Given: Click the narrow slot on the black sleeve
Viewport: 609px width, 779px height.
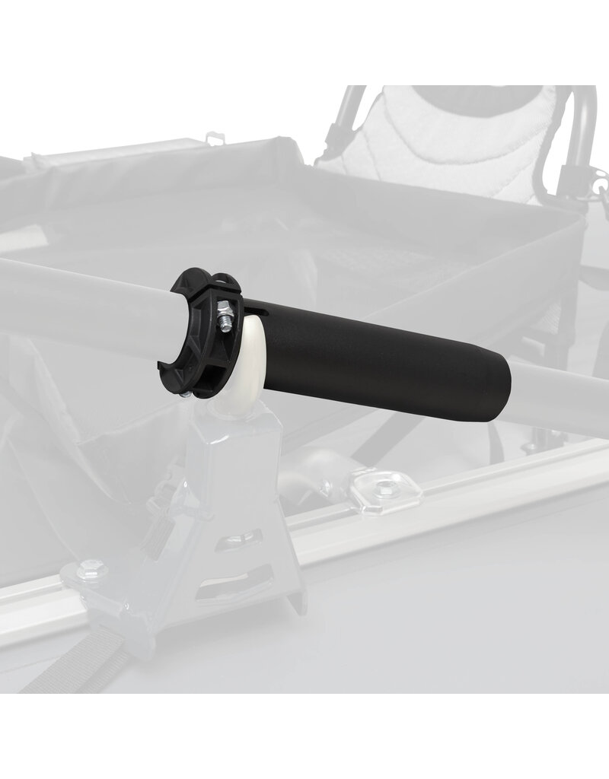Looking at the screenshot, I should pos(260,311).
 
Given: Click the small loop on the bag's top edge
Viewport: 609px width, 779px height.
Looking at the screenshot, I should pos(216,138).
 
